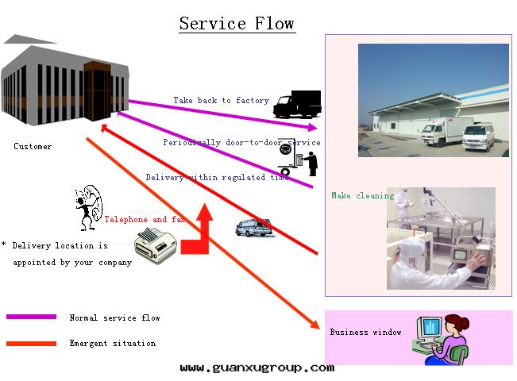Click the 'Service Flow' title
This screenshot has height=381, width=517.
[237, 23]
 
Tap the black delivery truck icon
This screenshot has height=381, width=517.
[295, 103]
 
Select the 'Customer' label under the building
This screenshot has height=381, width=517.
[33, 147]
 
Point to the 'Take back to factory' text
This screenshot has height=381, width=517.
[221, 101]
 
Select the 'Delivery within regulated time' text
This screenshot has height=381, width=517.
[218, 178]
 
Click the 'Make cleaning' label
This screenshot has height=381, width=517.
[362, 196]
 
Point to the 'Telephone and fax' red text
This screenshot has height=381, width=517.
[145, 220]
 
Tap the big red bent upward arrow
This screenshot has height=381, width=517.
[198, 233]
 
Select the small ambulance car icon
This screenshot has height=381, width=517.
[254, 229]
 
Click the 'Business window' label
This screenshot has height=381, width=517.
[365, 333]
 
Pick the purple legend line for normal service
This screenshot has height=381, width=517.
[31, 317]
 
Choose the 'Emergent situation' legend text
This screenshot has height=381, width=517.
[112, 344]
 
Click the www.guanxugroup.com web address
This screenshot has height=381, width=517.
[257, 368]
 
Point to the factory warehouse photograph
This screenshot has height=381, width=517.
[433, 100]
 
